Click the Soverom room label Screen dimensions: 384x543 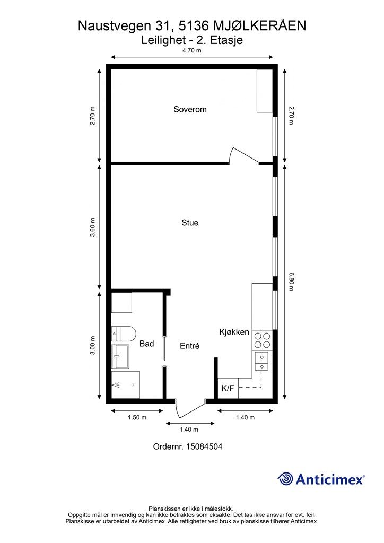click(190, 109)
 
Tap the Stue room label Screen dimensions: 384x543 click(190, 223)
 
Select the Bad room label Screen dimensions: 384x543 click(146, 344)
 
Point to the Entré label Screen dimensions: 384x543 click(190, 346)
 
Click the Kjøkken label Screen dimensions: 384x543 click(234, 332)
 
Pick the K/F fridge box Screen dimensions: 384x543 click(228, 388)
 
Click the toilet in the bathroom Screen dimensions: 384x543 click(124, 334)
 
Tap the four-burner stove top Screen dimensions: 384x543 click(262, 340)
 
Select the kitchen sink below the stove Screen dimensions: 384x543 click(262, 361)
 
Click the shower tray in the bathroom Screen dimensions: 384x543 click(126, 385)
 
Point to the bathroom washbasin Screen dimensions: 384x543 click(120, 357)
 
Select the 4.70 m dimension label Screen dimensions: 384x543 click(192, 50)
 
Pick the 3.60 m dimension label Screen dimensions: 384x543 click(92, 227)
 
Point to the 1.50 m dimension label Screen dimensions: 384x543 click(137, 418)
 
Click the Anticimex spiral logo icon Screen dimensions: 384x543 click(285, 479)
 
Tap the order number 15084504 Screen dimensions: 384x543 click(204, 446)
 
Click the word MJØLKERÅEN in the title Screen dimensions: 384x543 click(259, 26)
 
